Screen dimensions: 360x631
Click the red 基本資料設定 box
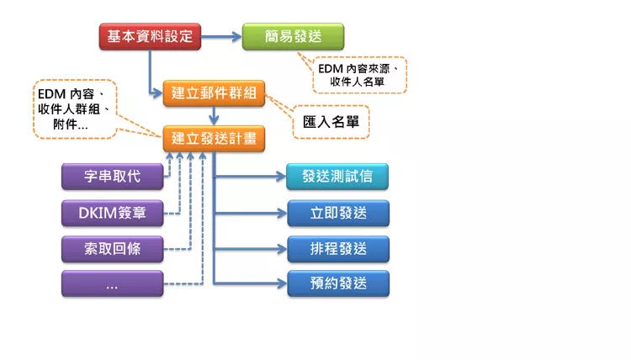pos(150,36)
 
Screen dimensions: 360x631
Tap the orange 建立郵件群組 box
pos(214,94)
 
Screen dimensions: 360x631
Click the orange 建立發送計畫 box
pos(214,138)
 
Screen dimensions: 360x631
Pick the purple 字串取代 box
pos(113,177)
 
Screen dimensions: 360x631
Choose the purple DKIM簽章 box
pos(113,214)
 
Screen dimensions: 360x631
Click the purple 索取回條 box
pos(113,249)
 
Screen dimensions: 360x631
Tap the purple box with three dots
pos(113,284)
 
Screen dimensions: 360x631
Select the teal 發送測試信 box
pos(337,177)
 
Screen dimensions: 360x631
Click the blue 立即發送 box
pos(337,214)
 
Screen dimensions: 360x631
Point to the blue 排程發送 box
pos(337,249)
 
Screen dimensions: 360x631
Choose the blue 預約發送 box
pos(337,284)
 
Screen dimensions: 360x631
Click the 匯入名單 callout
pos(331,121)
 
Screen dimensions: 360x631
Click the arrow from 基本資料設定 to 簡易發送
pos(220,36)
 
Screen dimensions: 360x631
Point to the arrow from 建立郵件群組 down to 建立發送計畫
pos(215,116)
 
